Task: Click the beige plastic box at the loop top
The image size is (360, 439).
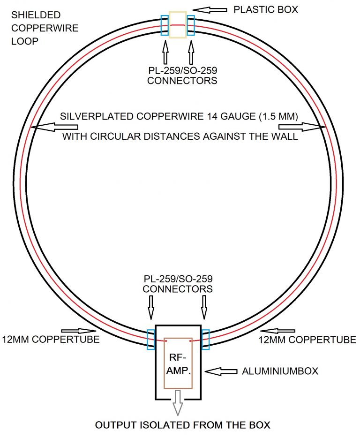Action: (x=178, y=25)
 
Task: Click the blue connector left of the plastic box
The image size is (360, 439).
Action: (x=165, y=25)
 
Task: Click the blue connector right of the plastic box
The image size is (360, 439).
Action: (x=191, y=25)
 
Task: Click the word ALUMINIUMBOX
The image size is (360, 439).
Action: (x=280, y=371)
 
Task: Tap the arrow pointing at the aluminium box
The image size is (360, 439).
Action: (x=222, y=371)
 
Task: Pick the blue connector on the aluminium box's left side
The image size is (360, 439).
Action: (x=151, y=339)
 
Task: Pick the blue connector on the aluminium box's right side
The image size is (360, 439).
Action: (x=205, y=339)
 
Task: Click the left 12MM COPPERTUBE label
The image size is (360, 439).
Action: (x=51, y=339)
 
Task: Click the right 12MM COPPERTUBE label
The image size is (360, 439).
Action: (x=307, y=339)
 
